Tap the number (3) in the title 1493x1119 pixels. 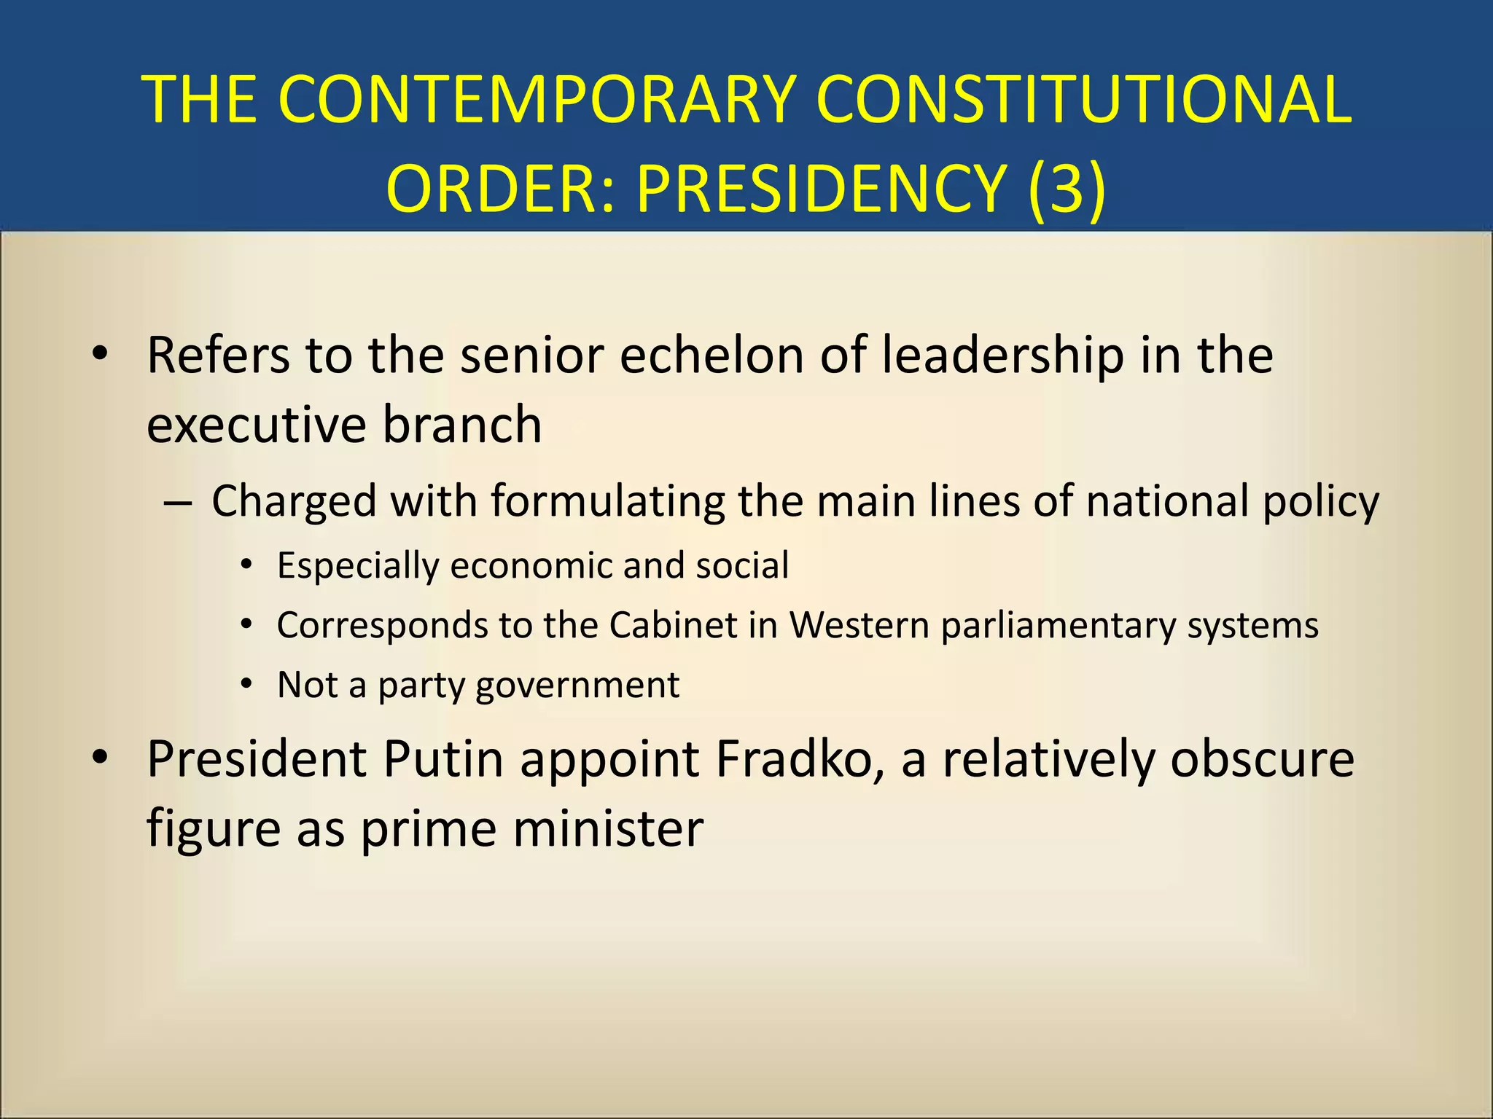(1067, 188)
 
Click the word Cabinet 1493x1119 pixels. (674, 625)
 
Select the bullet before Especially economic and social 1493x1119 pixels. (246, 565)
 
